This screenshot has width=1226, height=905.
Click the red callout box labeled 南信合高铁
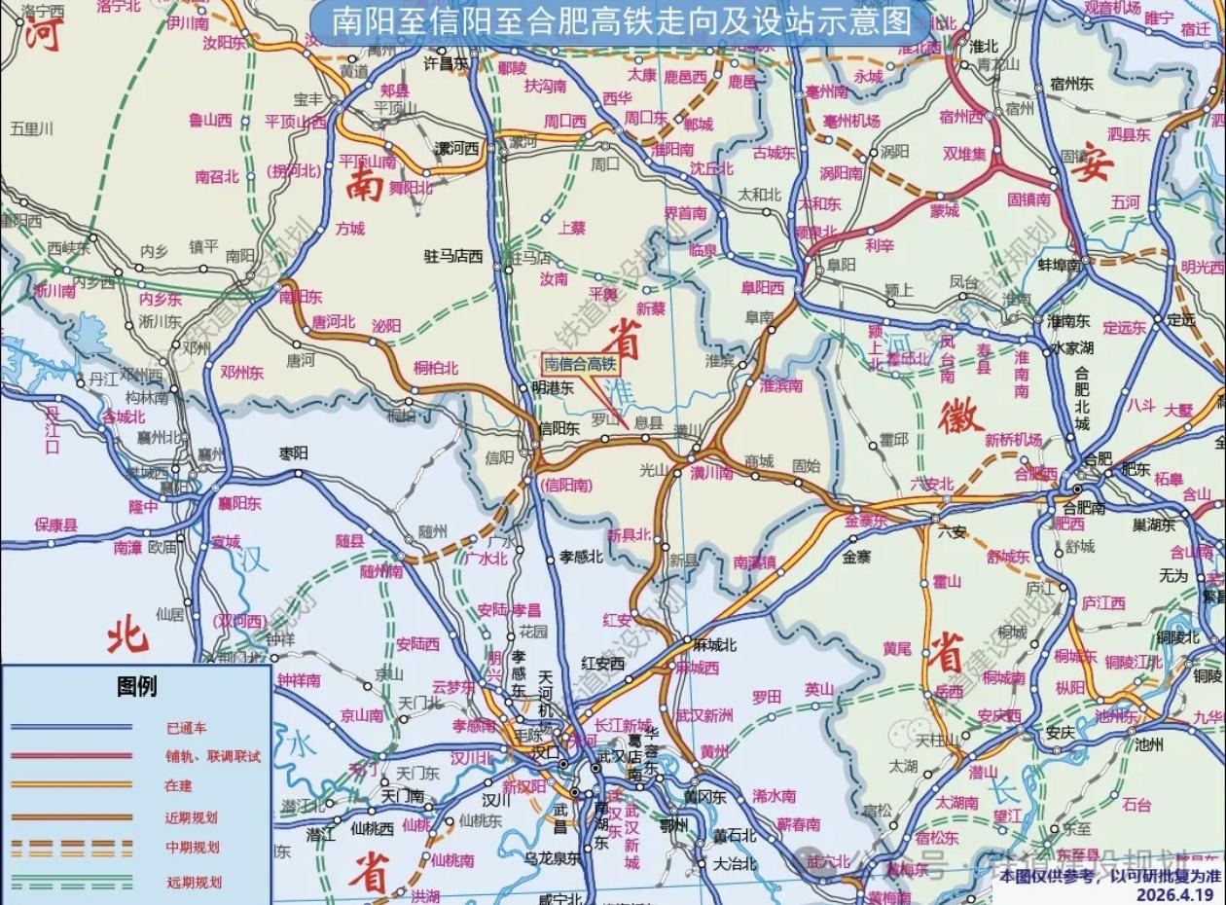click(x=581, y=365)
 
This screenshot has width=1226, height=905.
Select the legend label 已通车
click(x=186, y=728)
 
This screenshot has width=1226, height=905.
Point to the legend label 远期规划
click(x=194, y=883)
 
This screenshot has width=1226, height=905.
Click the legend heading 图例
click(x=136, y=687)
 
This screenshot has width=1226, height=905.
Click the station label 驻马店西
click(x=453, y=257)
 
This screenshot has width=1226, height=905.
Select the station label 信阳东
click(x=559, y=427)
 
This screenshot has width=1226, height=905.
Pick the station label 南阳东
click(x=301, y=297)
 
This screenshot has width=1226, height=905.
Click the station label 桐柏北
click(x=436, y=367)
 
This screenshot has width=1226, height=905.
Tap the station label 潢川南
click(x=711, y=473)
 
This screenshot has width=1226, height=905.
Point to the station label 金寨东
click(x=865, y=521)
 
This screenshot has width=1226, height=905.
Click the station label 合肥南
click(x=1084, y=506)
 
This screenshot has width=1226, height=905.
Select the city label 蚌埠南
click(x=1060, y=265)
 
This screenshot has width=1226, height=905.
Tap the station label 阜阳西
click(x=762, y=288)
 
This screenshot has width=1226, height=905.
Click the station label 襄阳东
click(x=239, y=503)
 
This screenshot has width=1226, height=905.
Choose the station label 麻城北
click(x=714, y=645)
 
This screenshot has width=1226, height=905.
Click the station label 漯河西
click(x=457, y=149)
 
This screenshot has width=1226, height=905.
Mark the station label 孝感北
click(x=581, y=557)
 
